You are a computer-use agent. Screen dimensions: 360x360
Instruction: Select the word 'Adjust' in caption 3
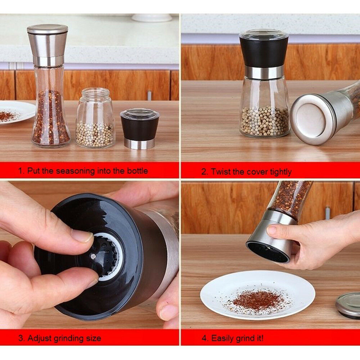tap(40, 338)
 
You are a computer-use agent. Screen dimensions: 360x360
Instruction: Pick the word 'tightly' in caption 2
tap(280, 172)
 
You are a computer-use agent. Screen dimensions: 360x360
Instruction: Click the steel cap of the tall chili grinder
tap(48, 45)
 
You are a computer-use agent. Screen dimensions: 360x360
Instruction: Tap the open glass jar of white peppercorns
tap(95, 118)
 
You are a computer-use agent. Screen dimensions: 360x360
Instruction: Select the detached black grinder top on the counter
tap(140, 129)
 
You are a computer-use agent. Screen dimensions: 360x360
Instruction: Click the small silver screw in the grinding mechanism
tap(93, 256)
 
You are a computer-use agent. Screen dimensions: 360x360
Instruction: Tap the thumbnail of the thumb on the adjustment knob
tap(82, 237)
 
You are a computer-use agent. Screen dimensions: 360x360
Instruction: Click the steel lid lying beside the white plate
tap(348, 305)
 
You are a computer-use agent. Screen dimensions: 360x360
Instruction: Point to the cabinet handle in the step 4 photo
tap(328, 213)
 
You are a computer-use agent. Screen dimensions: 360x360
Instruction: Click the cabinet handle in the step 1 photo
tap(149, 95)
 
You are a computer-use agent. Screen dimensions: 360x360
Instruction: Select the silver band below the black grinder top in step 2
tap(264, 72)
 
